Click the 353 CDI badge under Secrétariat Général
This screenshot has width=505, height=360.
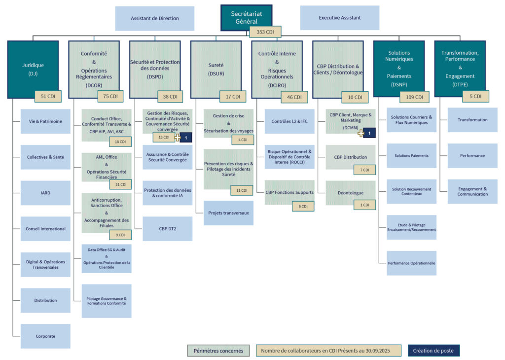click(265, 32)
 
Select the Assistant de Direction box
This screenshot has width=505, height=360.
click(154, 18)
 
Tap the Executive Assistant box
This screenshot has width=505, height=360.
click(339, 18)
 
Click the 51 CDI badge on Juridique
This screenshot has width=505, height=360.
click(47, 96)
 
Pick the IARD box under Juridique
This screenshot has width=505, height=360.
click(45, 193)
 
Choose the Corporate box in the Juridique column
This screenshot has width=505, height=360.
click(45, 336)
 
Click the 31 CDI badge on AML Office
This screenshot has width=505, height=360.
click(120, 184)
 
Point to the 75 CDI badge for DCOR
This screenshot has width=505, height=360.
click(110, 96)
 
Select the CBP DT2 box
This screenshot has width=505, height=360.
click(167, 228)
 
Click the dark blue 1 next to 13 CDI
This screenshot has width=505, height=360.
click(186, 138)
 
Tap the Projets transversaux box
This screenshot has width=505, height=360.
click(228, 213)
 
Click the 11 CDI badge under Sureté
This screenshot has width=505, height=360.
click(242, 190)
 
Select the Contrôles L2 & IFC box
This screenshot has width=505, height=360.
click(289, 121)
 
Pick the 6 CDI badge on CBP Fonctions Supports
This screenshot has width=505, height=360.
click(302, 206)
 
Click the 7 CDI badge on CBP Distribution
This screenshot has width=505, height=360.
click(364, 170)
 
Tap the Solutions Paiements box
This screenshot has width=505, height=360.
click(411, 155)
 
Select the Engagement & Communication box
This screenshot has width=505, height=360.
click(472, 191)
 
